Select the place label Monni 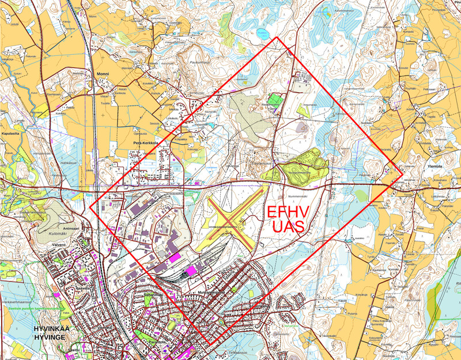point(103,74)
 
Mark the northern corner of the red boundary point(277,37)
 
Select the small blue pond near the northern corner point(263,33)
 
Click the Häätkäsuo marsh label point(69,163)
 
